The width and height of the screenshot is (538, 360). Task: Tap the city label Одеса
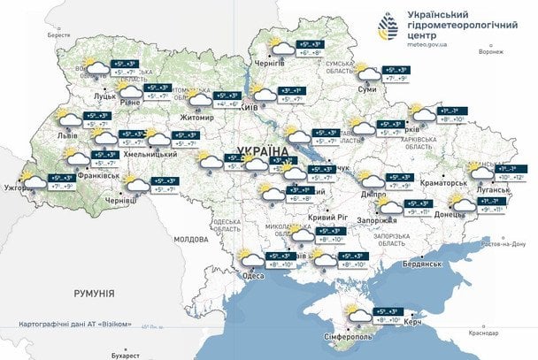point(254,275)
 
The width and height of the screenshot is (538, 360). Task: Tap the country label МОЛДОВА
point(189,239)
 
